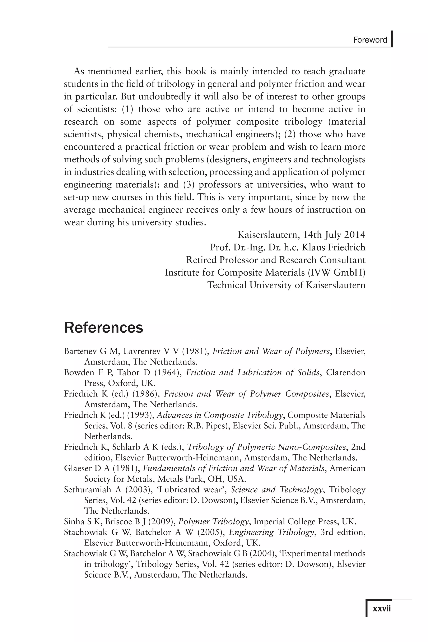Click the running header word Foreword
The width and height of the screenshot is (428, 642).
click(370, 40)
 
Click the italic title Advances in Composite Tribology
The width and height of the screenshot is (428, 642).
click(220, 415)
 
